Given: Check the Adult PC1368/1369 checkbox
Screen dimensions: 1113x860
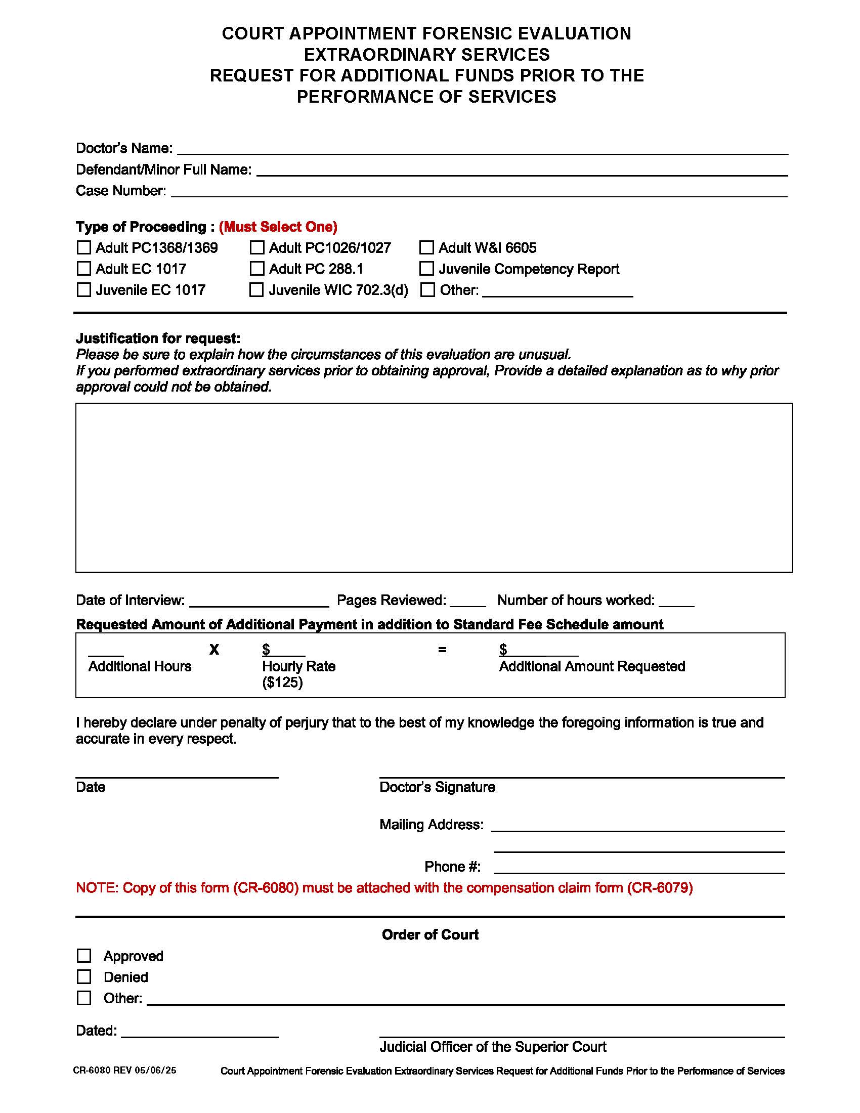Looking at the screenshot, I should tap(83, 248).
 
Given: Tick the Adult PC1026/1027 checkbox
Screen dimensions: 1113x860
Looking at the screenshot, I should tap(257, 248).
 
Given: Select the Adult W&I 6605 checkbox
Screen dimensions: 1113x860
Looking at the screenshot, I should tap(426, 248).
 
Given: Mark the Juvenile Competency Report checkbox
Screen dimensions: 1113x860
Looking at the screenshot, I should tap(426, 269).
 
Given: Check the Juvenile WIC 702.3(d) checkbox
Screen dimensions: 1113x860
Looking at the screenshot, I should tap(256, 290).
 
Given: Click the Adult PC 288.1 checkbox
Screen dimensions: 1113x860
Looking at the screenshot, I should tap(257, 269).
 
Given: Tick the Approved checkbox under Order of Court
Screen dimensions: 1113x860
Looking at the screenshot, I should tap(83, 956).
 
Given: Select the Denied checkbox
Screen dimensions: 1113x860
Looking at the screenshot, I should tap(83, 977).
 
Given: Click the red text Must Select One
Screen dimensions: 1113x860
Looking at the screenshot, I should tap(278, 227).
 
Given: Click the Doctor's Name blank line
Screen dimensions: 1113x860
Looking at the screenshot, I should tap(482, 150).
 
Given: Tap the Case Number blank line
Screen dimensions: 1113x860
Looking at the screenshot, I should tap(479, 192).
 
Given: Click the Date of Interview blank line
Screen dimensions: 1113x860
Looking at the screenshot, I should tap(259, 602).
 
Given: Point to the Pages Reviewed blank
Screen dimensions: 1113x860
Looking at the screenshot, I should tap(468, 602).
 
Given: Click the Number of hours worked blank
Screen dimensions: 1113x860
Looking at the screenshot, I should tap(676, 602).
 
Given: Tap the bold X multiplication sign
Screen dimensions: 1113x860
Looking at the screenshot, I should tap(214, 650).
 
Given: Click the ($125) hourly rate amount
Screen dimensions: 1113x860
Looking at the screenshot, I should tap(282, 682).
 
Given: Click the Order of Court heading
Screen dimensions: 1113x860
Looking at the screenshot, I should tap(430, 934).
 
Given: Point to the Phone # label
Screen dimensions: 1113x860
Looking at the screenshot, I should tap(452, 867).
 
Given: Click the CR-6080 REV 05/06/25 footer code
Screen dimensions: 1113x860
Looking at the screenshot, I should tap(125, 1070).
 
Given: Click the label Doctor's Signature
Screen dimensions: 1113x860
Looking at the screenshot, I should tap(437, 787).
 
